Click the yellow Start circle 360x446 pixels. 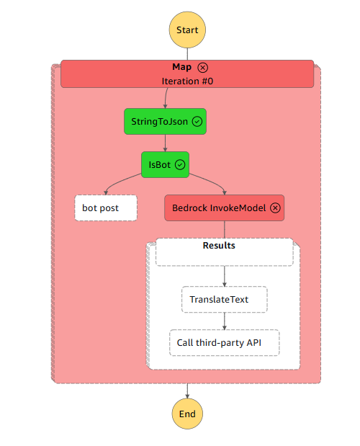[187, 30]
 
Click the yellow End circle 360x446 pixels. [187, 414]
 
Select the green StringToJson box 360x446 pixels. [165, 122]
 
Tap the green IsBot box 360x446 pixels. [165, 165]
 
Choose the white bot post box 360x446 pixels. [106, 208]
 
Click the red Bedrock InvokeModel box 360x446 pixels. [224, 208]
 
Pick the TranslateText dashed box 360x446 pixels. [225, 300]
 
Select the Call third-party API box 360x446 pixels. [225, 343]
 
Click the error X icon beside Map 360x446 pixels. [202, 68]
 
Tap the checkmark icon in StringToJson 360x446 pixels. [197, 122]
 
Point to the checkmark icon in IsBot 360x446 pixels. [180, 165]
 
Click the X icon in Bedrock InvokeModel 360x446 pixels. [275, 208]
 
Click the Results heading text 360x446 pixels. [219, 246]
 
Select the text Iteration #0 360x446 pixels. [187, 81]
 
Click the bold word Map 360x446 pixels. [182, 67]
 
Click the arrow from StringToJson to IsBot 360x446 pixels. [165, 143]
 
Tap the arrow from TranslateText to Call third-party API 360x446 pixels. [225, 321]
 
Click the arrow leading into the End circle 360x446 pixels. [187, 391]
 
